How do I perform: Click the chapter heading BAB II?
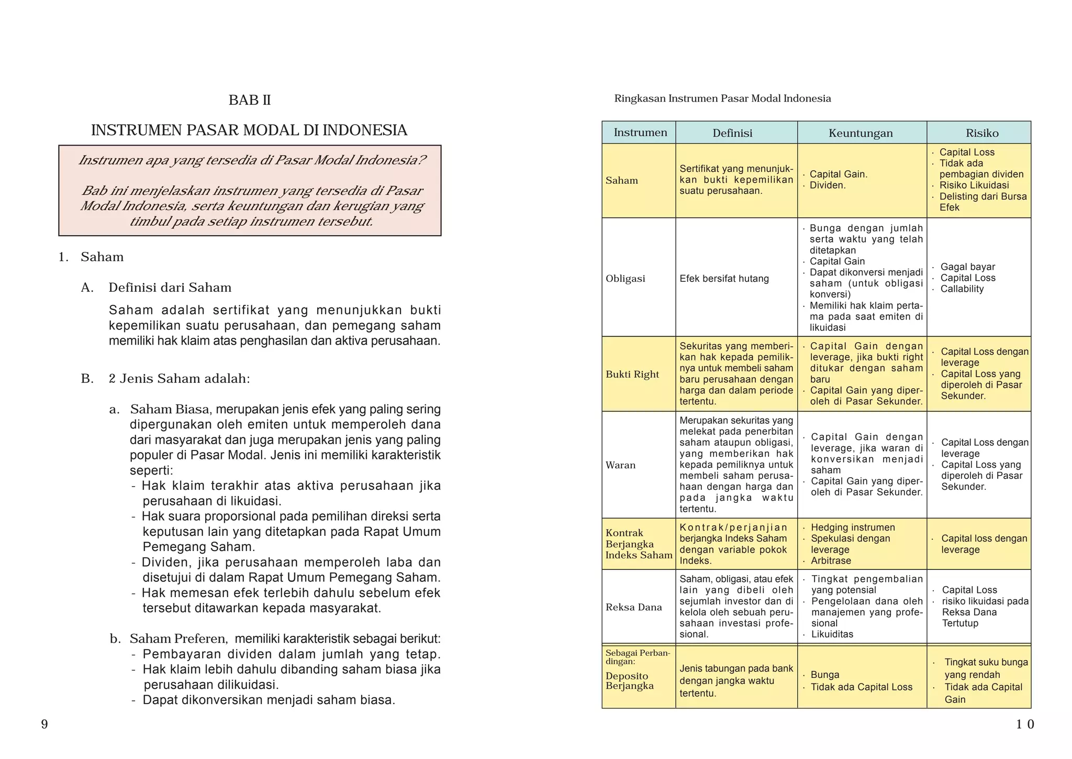point(250,100)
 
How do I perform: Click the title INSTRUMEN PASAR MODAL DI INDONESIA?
point(249,130)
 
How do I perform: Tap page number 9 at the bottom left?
point(44,724)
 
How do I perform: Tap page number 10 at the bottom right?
point(1025,724)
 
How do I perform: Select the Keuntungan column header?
point(861,133)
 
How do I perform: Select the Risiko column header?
point(982,133)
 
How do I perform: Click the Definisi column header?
point(732,133)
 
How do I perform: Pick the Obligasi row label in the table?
point(625,279)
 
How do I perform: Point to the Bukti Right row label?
point(632,375)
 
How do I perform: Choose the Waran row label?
point(620,465)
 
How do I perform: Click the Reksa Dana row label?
point(633,607)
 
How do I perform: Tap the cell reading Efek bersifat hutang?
point(724,279)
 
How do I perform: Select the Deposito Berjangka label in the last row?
point(629,681)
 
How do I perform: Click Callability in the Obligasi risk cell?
point(962,289)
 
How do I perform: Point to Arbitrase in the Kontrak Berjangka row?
point(831,560)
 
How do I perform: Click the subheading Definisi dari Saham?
point(170,288)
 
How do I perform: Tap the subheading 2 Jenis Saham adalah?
point(179,379)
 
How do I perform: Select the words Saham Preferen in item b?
point(178,639)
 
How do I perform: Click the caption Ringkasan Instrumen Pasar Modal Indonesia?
point(722,98)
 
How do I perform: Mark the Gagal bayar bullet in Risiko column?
point(967,267)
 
